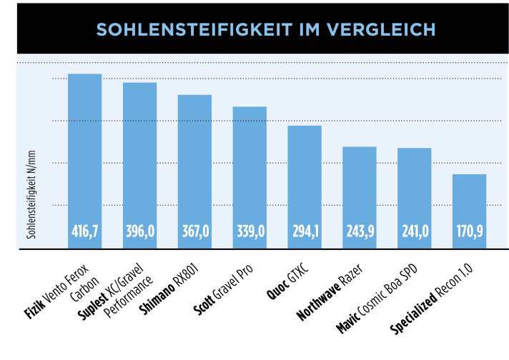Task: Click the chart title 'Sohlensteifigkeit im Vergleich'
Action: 266,29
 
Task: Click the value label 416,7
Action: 84,231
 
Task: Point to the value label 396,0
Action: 139,231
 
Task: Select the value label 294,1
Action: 305,231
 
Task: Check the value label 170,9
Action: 470,231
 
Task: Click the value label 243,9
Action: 360,231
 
